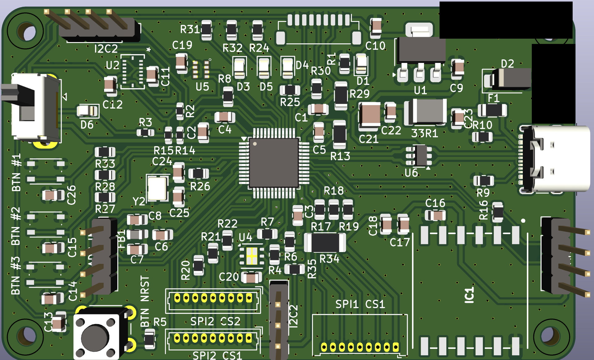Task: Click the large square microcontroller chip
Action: (x=274, y=163)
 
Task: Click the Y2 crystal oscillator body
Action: (x=157, y=188)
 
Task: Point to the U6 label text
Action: (x=411, y=173)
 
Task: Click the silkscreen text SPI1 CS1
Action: (x=360, y=304)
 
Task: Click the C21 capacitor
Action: (x=369, y=116)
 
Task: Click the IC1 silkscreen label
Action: (x=469, y=295)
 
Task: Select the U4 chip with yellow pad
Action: (x=251, y=256)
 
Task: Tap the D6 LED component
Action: (x=88, y=111)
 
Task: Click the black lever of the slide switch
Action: (x=15, y=92)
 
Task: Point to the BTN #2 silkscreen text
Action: (x=15, y=226)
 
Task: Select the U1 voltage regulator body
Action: (x=421, y=49)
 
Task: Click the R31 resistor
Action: (x=206, y=30)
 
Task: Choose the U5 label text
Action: (x=202, y=87)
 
